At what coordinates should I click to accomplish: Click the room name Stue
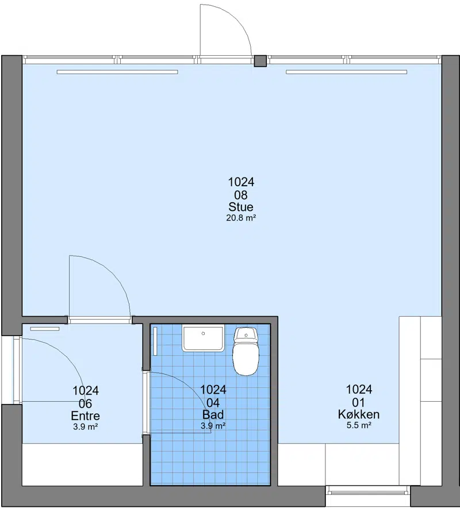pyautogui.click(x=241, y=207)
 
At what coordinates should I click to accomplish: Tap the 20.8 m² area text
pyautogui.click(x=241, y=218)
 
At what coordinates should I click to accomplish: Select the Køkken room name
pyautogui.click(x=359, y=414)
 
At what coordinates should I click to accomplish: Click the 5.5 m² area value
pyautogui.click(x=359, y=425)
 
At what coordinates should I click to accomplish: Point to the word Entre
pyautogui.click(x=85, y=415)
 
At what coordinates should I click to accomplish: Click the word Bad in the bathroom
pyautogui.click(x=213, y=415)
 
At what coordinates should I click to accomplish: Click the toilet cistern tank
pyautogui.click(x=246, y=334)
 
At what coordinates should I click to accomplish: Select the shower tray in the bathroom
pyautogui.click(x=203, y=339)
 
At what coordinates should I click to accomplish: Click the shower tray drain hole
pyautogui.click(x=203, y=333)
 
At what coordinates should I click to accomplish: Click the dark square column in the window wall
pyautogui.click(x=260, y=61)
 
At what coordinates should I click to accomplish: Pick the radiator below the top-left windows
pyautogui.click(x=117, y=72)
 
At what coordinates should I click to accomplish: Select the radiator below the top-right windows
pyautogui.click(x=346, y=72)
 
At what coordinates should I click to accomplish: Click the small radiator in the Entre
pyautogui.click(x=45, y=329)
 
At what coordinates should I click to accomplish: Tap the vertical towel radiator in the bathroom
pyautogui.click(x=155, y=341)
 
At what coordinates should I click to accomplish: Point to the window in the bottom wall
pyautogui.click(x=368, y=493)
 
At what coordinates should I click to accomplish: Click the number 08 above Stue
pyautogui.click(x=241, y=195)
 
